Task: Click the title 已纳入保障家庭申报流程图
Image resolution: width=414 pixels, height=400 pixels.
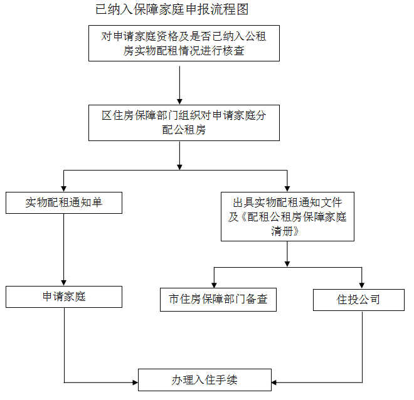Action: point(172,9)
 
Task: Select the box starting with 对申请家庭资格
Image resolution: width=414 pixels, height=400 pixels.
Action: point(184,43)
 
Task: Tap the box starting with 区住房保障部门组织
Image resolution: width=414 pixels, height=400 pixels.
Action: point(184,123)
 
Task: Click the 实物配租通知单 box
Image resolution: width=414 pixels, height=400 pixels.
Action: point(64,203)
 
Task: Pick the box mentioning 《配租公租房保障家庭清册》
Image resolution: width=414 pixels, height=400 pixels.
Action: point(287,216)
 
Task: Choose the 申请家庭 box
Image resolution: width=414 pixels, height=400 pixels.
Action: point(64,297)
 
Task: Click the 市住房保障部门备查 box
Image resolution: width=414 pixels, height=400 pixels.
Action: point(218,300)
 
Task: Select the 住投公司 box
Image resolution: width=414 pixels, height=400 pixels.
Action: point(359,300)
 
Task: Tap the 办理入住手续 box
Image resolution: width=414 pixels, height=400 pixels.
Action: point(205,380)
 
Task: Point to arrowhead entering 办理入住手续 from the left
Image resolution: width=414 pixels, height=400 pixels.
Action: point(135,382)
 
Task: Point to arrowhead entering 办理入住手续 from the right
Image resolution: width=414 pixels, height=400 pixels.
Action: point(274,382)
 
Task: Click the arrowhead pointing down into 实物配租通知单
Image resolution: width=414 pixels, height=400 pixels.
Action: point(63,189)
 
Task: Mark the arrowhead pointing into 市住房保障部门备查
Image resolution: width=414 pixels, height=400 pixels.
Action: point(214,285)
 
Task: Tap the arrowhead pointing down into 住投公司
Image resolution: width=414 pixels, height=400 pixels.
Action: point(362,286)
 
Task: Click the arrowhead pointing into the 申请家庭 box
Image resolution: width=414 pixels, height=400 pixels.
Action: point(63,283)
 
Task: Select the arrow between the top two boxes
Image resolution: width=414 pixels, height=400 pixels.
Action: point(179,85)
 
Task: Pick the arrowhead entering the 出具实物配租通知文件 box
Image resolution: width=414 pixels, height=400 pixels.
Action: point(287,189)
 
